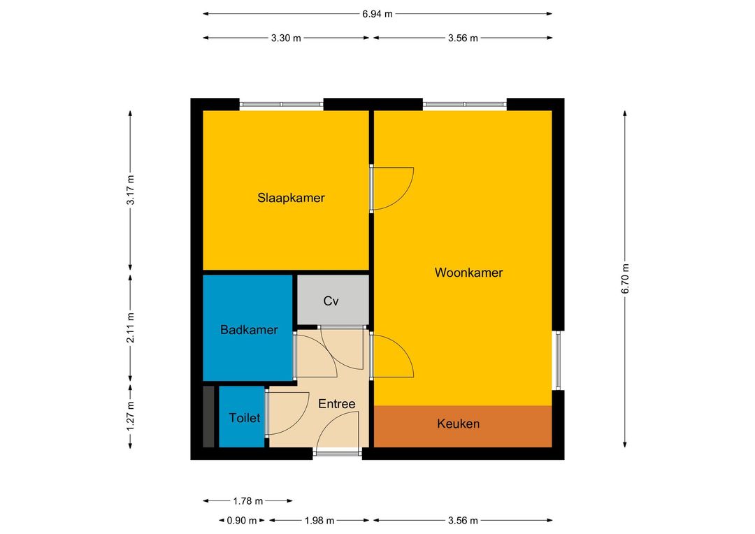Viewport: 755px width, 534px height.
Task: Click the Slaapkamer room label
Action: point(291,198)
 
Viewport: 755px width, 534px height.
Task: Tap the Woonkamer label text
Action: point(468,273)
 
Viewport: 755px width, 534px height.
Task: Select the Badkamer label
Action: point(249,330)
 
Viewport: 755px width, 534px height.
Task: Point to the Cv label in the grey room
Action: point(331,301)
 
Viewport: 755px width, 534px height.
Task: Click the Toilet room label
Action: point(245,418)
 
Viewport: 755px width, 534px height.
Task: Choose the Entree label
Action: point(336,404)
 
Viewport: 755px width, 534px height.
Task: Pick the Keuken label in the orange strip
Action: point(459,424)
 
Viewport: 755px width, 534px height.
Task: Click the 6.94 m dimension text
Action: point(377,14)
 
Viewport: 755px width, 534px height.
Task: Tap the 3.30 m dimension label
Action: point(286,38)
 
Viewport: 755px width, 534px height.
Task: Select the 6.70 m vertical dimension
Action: point(625,279)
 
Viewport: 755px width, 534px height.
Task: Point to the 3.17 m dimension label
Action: point(131,190)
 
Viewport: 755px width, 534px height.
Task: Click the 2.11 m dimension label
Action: point(131,328)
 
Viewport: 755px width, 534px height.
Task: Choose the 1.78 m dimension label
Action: point(248,501)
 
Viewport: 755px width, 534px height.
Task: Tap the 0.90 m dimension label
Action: point(242,521)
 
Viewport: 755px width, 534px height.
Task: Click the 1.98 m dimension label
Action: point(319,521)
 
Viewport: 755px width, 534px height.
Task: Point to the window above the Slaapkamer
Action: point(281,104)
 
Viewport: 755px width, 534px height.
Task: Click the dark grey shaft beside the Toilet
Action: point(208,417)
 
